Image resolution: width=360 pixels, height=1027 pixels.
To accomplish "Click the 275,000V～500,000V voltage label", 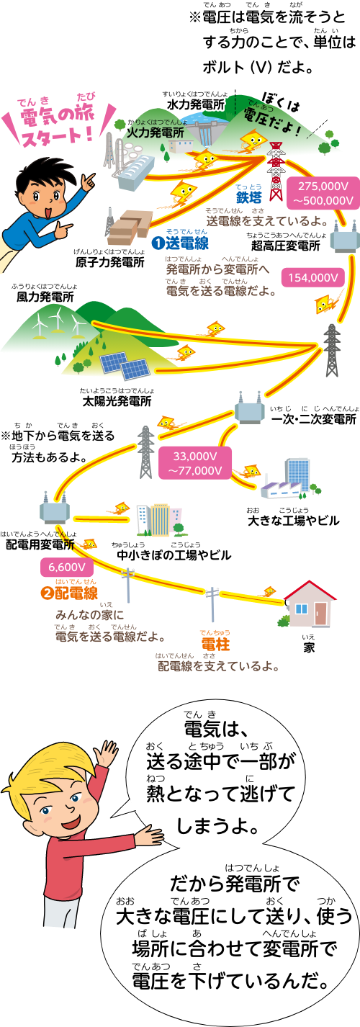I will point(323,193).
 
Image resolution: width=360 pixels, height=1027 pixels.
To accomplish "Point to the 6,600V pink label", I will point(62,566).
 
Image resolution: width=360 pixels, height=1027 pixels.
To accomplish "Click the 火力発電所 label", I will point(155,133).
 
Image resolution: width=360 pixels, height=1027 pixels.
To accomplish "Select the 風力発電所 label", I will point(45,296).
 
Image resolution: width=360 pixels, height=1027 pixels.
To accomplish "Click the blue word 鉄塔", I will point(248,197).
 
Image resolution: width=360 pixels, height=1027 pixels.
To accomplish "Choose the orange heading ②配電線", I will point(68,594).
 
